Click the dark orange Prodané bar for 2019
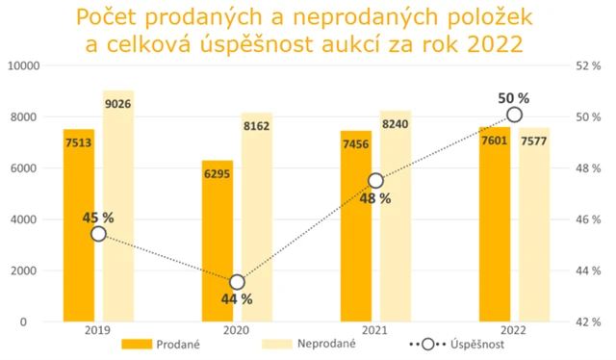(79, 231)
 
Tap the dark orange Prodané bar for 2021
(356, 231)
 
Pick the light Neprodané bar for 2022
(534, 231)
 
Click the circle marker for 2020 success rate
(237, 282)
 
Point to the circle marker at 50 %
(514, 115)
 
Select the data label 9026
(117, 103)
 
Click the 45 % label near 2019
(98, 218)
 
